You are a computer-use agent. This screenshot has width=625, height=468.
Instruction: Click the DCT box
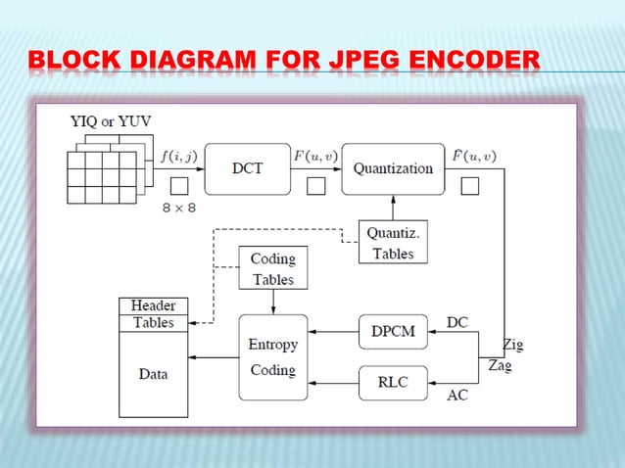coord(248,168)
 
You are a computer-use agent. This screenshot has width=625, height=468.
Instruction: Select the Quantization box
coord(392,168)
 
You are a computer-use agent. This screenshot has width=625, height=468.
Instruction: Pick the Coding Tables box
coord(272,267)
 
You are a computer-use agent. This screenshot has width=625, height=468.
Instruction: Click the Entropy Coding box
coord(272,356)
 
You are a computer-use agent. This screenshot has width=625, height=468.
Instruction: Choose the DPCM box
coord(393,331)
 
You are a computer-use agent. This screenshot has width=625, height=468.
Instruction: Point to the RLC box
coord(393,381)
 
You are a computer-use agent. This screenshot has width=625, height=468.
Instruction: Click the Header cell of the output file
coord(153,305)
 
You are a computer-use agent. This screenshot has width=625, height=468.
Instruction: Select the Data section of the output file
coord(153,373)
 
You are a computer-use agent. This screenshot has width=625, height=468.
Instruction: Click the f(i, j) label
coord(179,155)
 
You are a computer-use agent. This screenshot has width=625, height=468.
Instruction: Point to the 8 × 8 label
coord(178,207)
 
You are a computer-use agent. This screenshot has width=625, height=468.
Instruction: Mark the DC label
coord(457,321)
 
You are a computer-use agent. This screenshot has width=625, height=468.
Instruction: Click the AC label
coord(457,395)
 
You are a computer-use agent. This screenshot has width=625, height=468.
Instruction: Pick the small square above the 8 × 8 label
coord(179,185)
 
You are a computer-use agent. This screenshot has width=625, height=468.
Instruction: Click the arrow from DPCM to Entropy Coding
coord(332,331)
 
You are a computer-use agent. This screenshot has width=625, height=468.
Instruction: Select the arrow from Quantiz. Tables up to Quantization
coord(392,207)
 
